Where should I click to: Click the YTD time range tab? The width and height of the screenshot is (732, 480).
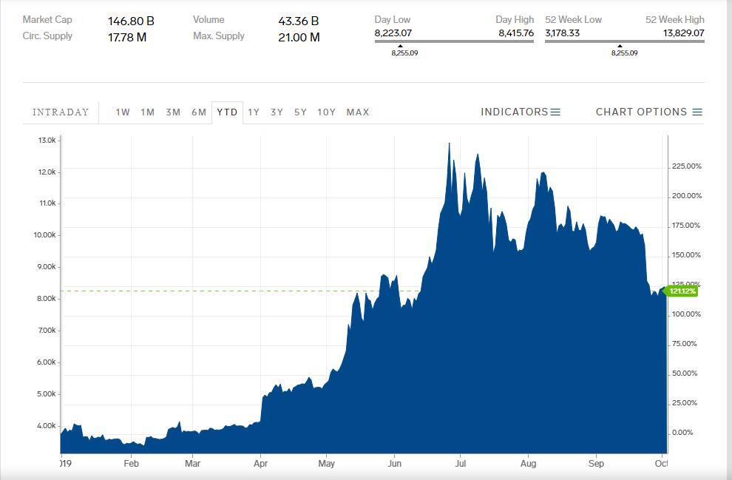227,112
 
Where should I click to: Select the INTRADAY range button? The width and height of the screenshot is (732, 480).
61,112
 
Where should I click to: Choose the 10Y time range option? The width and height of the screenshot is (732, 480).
326,112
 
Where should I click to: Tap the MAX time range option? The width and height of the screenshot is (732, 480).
358,112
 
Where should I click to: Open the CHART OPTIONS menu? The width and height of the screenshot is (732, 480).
648,112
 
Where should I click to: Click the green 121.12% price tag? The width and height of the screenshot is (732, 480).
682,291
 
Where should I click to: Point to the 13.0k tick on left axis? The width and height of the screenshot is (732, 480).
46,141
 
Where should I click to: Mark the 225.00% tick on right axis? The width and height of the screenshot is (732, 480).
687,166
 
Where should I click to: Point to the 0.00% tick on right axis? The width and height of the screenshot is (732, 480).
684,433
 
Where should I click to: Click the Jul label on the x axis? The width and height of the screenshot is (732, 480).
460,464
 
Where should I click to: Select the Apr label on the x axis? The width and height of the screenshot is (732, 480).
260,464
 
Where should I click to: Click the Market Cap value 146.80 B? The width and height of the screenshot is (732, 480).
131,21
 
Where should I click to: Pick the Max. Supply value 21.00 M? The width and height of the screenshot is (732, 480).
299,37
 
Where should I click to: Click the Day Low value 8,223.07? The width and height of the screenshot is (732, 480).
393,33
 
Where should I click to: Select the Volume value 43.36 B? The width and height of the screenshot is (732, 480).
299,21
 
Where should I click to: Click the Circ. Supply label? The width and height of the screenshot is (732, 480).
47,36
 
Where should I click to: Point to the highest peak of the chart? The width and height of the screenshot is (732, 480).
449,143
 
